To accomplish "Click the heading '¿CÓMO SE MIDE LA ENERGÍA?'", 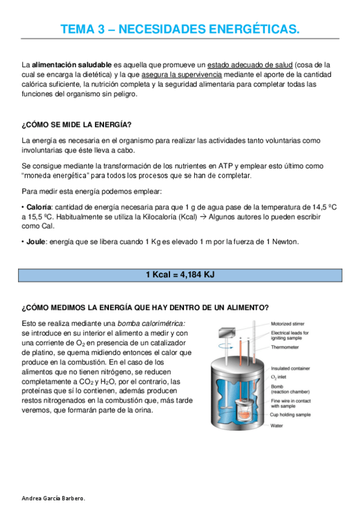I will coord(76,124).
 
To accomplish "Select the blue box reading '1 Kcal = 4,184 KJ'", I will coord(180,275).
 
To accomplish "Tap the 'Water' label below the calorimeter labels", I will coord(277,425).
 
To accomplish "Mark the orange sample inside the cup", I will coord(245,414).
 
